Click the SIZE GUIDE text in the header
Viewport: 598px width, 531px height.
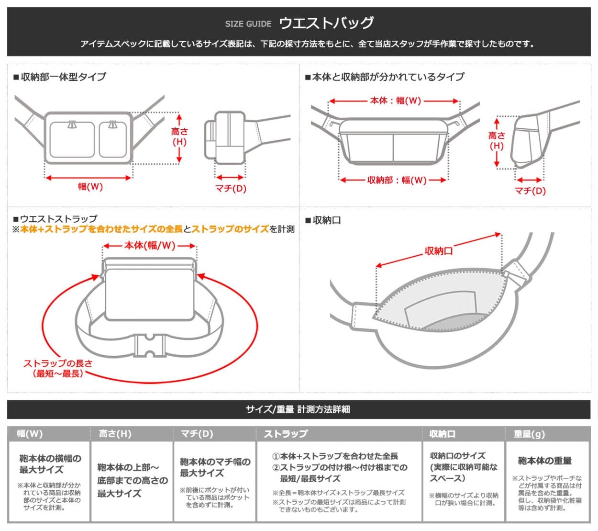tap(248, 24)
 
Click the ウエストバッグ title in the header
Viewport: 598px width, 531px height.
tap(326, 23)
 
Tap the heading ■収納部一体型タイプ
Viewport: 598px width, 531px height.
tap(60, 77)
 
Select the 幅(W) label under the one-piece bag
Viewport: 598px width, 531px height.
tap(90, 187)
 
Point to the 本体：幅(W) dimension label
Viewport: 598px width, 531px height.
tap(395, 101)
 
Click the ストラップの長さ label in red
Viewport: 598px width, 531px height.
tap(58, 363)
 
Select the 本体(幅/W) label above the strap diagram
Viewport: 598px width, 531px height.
tap(150, 246)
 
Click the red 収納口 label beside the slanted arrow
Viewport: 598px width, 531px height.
tap(439, 250)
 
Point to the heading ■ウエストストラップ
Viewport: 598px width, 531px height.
tap(55, 219)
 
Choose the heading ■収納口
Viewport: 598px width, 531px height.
tap(323, 220)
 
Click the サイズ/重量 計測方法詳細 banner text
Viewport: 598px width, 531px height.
tap(298, 409)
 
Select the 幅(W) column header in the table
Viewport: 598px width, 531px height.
tap(30, 434)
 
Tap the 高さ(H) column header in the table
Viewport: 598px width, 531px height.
tap(115, 434)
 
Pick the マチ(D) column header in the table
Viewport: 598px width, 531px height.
tap(197, 434)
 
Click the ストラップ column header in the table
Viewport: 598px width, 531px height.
tap(286, 434)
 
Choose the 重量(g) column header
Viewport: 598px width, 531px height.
tap(529, 434)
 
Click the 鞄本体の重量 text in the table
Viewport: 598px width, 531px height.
tap(544, 461)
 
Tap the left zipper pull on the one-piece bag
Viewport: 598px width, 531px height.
tap(72, 125)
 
